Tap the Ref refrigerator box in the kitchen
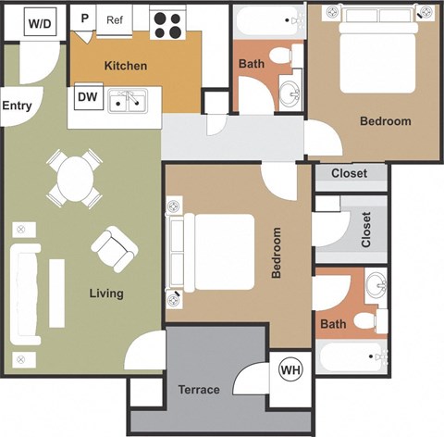[x=116, y=20]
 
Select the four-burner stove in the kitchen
[x=167, y=24]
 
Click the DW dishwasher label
[x=88, y=95]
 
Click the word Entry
[x=17, y=106]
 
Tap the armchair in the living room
[x=115, y=248]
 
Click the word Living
[x=106, y=293]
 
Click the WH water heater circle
[x=290, y=370]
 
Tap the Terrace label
[x=198, y=390]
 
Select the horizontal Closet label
[x=348, y=173]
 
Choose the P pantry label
[x=85, y=19]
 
